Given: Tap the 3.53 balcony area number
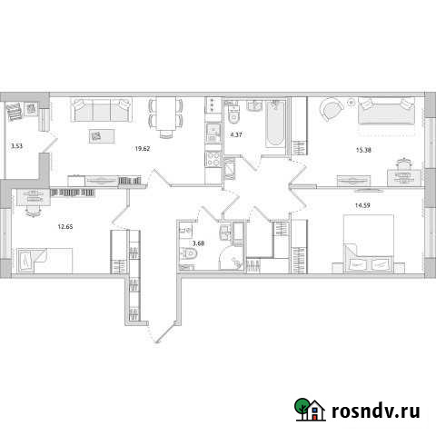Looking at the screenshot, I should tap(15, 144).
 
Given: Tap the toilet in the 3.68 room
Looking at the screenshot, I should tap(188, 258).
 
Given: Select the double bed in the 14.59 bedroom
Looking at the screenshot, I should tap(369, 245).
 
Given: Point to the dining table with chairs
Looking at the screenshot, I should tap(165, 116).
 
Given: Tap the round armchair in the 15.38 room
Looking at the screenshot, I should tap(332, 109).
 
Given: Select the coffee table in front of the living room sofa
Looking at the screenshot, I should tap(94, 136).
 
